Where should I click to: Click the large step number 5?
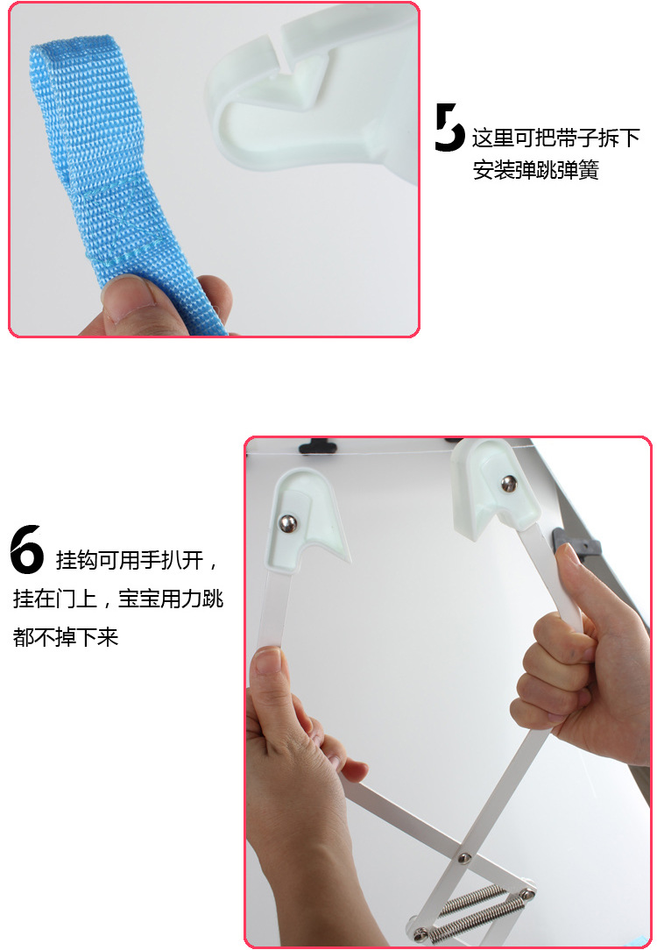click(x=449, y=127)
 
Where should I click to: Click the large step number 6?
click(x=27, y=549)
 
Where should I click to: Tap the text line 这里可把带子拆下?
click(x=555, y=138)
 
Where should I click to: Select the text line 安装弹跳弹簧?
click(x=535, y=170)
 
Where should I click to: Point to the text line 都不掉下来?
click(x=66, y=637)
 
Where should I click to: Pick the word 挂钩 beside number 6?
click(x=76, y=560)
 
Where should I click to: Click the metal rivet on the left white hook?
click(x=287, y=523)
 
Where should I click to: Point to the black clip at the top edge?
click(x=318, y=447)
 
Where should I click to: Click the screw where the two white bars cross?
click(x=464, y=857)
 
